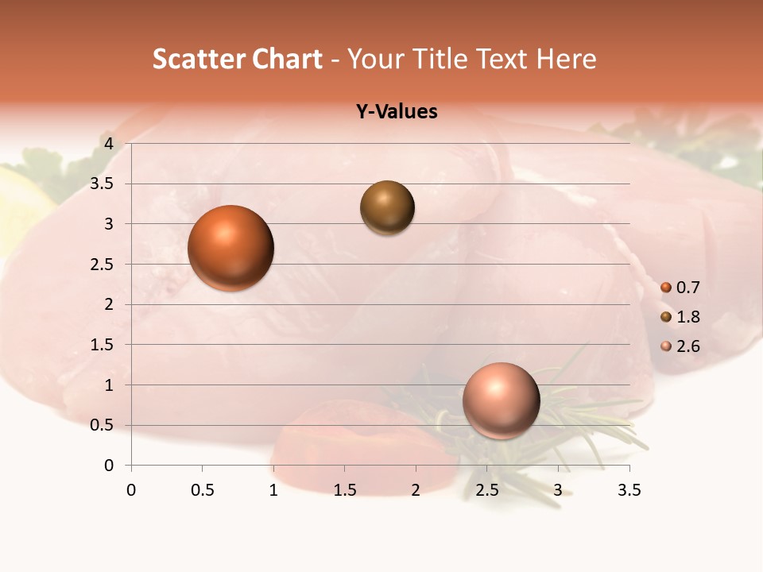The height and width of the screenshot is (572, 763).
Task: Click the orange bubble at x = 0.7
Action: point(230,248)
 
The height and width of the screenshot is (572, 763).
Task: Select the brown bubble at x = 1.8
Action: point(387,207)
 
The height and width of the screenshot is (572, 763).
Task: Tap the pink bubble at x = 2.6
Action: point(501,400)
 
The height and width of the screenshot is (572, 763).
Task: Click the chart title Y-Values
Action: point(397,112)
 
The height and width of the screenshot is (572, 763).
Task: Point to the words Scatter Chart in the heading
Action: point(238,59)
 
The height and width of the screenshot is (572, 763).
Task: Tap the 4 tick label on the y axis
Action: point(109,143)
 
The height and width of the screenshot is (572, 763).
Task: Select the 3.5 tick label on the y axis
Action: point(103,184)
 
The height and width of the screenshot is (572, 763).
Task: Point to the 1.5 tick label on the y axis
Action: point(103,345)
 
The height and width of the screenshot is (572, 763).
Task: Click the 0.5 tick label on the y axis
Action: point(103,425)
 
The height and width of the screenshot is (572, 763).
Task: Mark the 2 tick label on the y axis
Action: point(109,304)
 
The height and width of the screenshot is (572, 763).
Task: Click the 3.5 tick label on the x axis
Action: point(629,490)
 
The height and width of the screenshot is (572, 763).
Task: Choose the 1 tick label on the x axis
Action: point(273,490)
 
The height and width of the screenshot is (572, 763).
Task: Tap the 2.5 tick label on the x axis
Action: point(486,490)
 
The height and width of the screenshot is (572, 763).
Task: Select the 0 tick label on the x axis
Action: point(131,490)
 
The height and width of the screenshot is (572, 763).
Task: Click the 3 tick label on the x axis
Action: point(558,490)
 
